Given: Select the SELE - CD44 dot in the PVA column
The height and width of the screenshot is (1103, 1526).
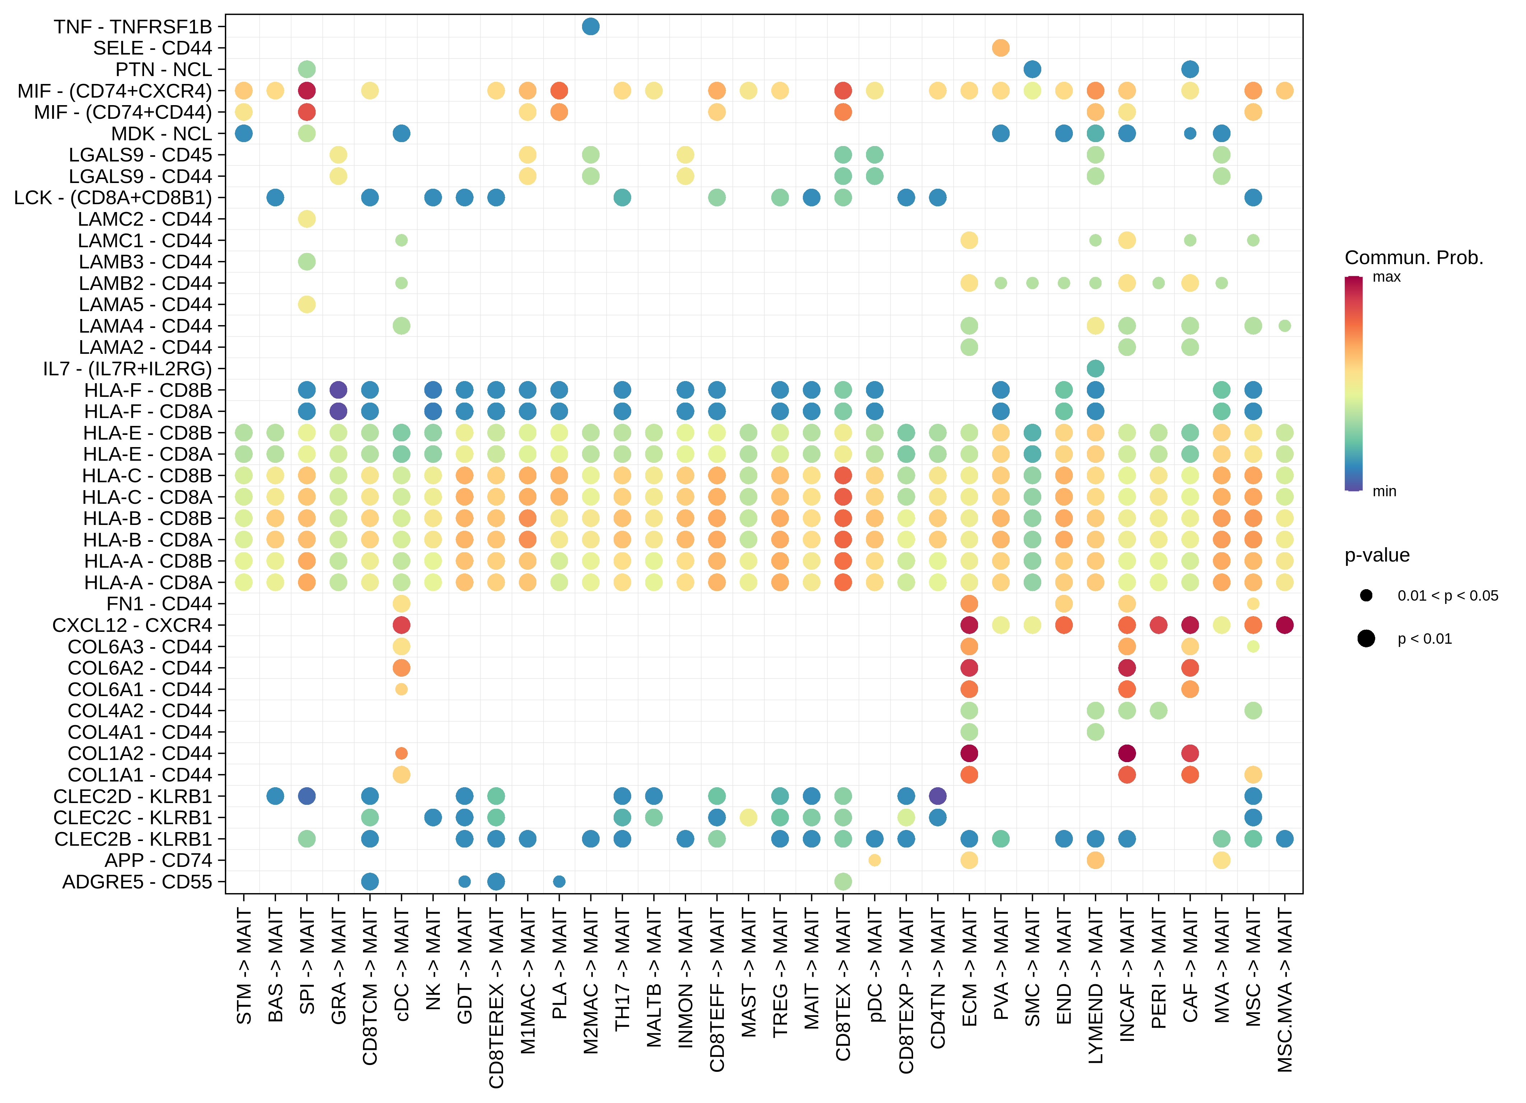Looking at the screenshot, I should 1000,48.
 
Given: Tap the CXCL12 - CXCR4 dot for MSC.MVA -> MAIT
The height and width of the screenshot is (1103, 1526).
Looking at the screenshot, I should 1284,625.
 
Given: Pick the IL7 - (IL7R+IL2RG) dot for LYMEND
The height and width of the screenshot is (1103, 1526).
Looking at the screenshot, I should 1095,369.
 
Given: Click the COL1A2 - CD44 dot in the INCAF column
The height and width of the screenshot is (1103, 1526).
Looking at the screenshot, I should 1127,753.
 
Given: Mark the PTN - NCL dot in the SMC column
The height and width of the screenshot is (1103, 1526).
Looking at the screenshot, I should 1032,69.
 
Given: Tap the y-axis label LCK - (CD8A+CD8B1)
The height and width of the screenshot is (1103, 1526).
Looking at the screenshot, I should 113,198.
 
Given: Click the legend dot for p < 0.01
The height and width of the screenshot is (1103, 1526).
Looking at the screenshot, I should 1366,638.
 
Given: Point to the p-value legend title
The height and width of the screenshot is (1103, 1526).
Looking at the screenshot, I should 1377,555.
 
